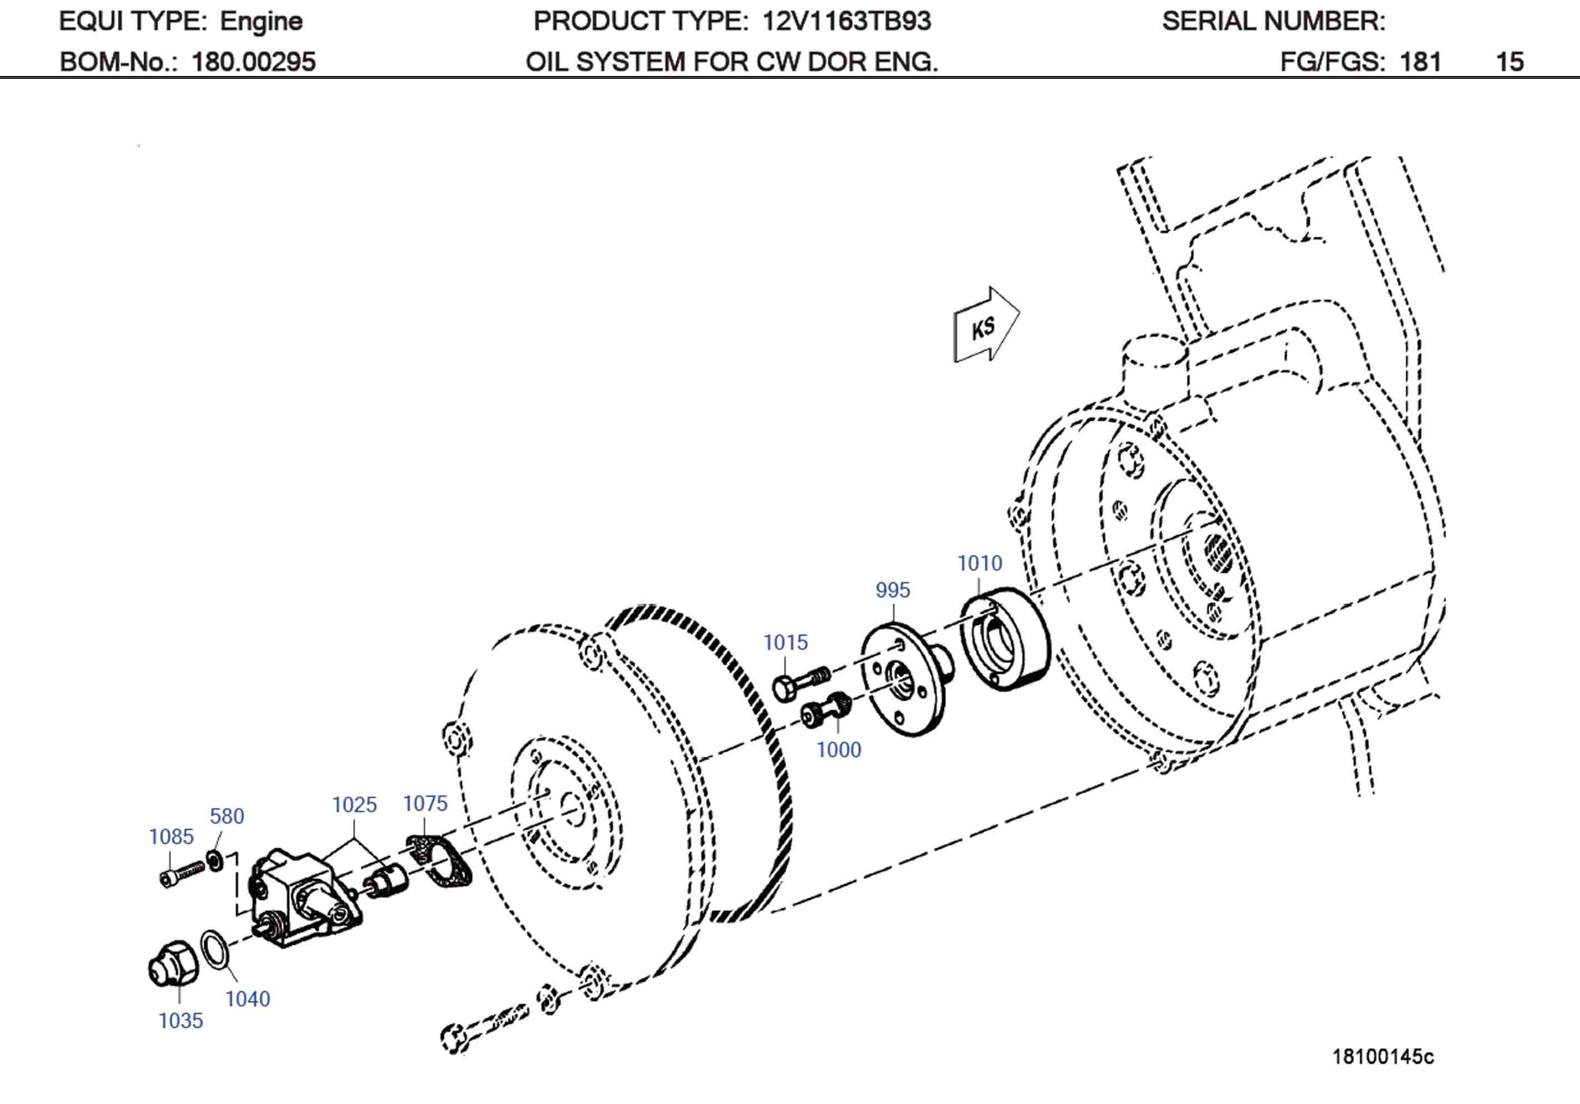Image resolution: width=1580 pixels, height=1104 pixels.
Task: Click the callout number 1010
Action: click(979, 563)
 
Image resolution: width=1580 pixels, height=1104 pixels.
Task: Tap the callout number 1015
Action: click(784, 642)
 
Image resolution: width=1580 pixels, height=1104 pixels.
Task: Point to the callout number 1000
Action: click(838, 749)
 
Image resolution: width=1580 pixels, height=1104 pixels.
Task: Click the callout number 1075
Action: click(425, 803)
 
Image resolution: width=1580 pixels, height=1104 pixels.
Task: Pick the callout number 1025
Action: click(354, 805)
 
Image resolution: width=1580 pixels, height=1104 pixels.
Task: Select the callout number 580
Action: click(227, 817)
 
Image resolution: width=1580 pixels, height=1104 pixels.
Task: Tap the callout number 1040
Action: click(248, 999)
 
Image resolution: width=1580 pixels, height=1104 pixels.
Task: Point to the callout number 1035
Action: click(180, 1021)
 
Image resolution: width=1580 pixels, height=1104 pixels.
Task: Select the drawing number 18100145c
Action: click(1382, 1056)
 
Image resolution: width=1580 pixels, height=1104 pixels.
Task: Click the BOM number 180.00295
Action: click(253, 62)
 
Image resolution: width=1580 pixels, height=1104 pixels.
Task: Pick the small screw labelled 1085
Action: click(182, 874)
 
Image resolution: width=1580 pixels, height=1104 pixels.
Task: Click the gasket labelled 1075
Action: click(439, 860)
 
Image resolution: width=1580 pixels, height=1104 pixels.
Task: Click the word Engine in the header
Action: click(261, 21)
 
